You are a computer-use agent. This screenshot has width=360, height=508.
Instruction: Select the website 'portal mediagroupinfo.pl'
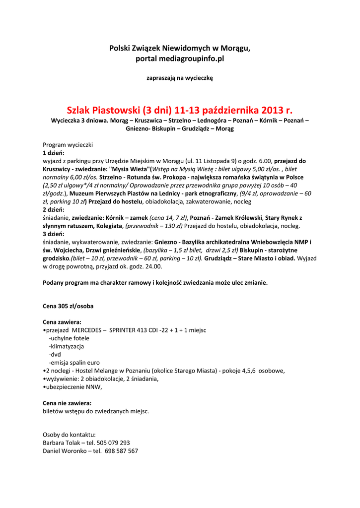180,59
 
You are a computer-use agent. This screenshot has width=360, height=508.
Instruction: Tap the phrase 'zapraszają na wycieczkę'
180,78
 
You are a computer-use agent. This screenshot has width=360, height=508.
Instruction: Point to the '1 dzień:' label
54,153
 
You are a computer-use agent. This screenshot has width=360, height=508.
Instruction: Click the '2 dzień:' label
54,210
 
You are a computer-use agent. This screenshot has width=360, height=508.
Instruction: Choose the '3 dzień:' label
54,234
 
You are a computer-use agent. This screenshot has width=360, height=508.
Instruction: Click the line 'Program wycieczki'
68,145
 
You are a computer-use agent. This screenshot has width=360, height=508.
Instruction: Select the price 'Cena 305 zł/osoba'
68,306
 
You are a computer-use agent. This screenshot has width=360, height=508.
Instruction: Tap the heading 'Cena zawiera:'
62,322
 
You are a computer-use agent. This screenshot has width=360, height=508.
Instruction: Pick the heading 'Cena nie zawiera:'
67,403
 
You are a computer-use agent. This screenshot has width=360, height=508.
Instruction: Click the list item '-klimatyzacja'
66,346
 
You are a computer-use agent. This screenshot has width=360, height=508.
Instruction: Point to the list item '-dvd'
55,354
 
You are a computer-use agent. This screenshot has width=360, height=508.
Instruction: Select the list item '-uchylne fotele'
69,338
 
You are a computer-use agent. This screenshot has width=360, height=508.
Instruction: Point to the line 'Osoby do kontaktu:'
69,435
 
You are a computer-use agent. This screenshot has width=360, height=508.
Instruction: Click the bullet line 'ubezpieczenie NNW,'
73,386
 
